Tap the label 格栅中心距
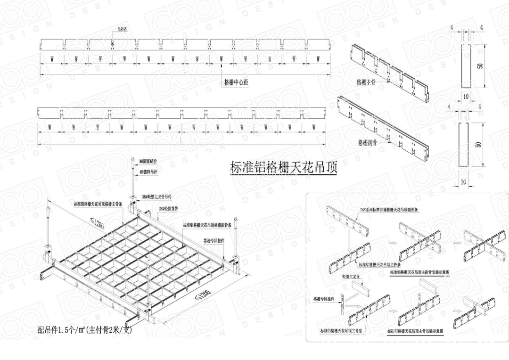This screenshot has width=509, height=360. (236, 82)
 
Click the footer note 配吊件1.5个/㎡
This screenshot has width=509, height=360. (85, 330)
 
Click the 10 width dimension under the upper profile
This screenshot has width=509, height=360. (465, 97)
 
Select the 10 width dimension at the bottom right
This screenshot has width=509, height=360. (463, 181)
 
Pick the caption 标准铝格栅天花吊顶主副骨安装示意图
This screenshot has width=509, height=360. (419, 272)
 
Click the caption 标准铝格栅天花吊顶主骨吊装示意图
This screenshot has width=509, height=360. (419, 331)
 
